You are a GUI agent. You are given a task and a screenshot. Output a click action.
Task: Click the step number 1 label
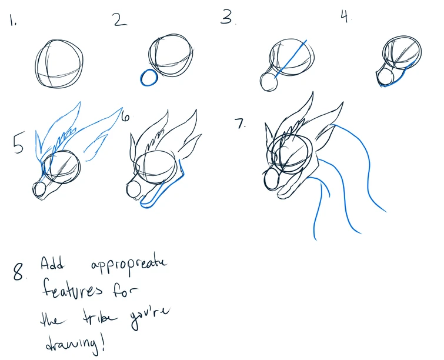(x=13, y=20)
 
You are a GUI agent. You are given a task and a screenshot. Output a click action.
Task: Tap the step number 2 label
(x=121, y=20)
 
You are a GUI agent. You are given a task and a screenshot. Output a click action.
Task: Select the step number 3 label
(x=228, y=16)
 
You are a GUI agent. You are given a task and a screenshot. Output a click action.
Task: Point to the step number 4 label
(x=345, y=16)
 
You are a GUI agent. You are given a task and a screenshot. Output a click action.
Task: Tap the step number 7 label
(x=241, y=124)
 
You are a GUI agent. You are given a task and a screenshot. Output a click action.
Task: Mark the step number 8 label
(x=19, y=271)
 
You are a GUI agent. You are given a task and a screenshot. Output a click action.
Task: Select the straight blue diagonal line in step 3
(x=291, y=59)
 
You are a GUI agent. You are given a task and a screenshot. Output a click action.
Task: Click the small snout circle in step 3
(x=269, y=82)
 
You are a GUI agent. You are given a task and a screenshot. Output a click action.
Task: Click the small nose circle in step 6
(x=134, y=190)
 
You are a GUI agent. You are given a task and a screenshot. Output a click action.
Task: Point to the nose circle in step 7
(x=272, y=179)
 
